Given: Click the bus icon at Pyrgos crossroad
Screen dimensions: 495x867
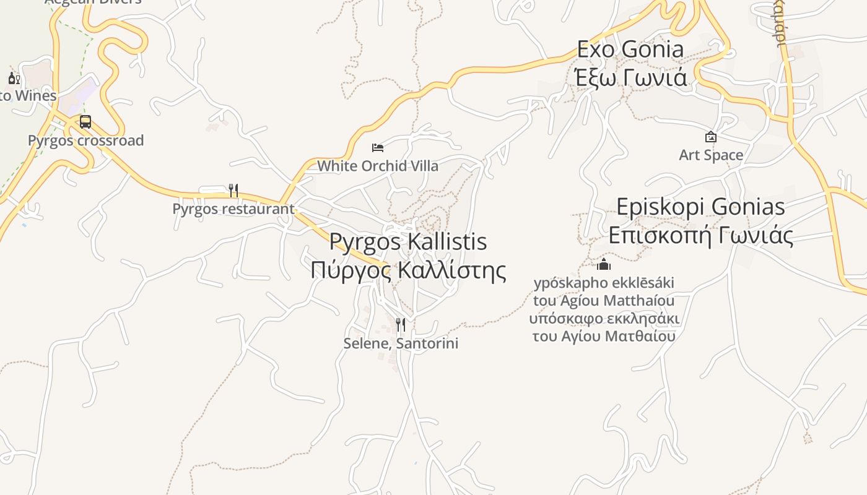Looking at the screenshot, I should [x=85, y=122].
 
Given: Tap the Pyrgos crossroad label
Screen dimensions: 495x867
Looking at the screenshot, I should [x=85, y=140].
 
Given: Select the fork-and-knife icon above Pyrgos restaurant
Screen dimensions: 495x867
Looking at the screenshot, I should [x=233, y=190].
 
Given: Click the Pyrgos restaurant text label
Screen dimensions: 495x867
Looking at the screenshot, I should [x=233, y=209].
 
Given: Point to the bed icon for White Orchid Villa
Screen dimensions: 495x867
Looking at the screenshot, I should [x=378, y=147].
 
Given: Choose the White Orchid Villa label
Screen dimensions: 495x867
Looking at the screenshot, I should [x=378, y=166].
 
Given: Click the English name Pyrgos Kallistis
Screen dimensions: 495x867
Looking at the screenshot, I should [x=408, y=241].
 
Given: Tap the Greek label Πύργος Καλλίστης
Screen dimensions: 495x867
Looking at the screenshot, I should [x=408, y=270].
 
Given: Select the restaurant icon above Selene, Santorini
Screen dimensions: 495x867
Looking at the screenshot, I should [x=401, y=324].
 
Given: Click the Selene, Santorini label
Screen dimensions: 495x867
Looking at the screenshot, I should [x=401, y=343].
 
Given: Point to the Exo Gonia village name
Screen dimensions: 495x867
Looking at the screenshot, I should [x=630, y=49].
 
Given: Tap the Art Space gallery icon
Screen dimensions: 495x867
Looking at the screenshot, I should [x=711, y=137].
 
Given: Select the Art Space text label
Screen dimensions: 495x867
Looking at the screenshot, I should [x=711, y=155].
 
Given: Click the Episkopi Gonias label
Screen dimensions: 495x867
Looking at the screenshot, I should [x=700, y=207].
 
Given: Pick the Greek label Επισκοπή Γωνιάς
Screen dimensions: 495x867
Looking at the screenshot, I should [x=700, y=236].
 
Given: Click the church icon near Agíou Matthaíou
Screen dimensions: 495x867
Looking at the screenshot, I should [x=604, y=265].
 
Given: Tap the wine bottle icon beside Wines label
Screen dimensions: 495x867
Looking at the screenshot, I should [x=14, y=78].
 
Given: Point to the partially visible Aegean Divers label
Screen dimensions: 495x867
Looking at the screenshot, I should [x=93, y=2].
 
